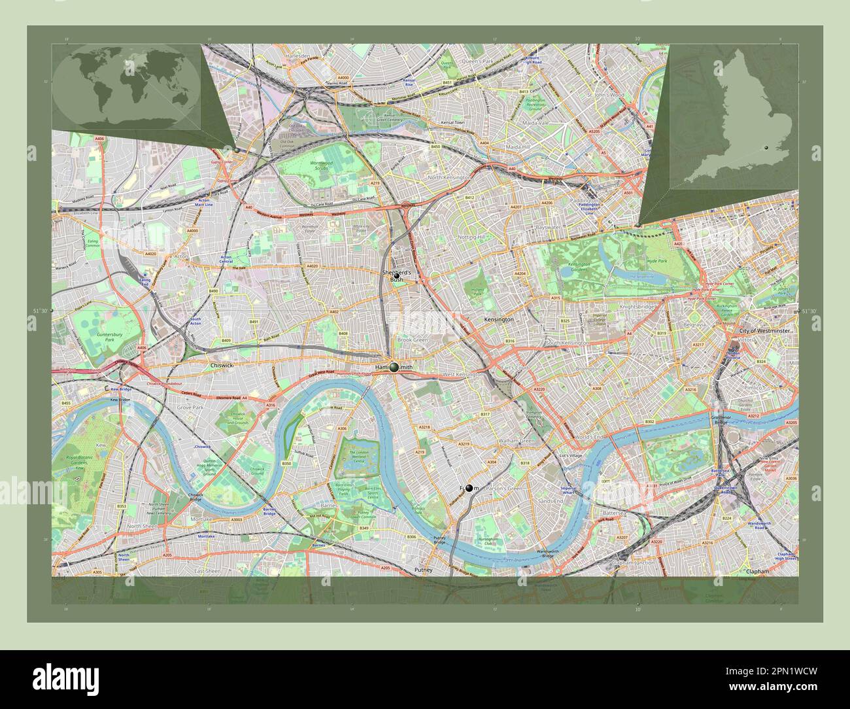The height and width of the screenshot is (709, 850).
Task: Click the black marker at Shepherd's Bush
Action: [x=396, y=276]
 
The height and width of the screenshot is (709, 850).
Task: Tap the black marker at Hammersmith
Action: [x=394, y=367]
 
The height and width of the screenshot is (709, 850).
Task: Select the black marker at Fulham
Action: [x=469, y=488]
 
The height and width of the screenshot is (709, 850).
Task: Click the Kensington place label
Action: [x=498, y=320]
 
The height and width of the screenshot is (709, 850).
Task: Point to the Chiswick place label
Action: [x=222, y=365]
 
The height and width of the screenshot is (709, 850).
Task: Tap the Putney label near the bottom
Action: [x=424, y=570]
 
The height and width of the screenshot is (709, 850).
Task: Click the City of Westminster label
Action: [x=764, y=332]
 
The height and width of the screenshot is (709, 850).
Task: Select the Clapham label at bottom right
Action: [x=757, y=571]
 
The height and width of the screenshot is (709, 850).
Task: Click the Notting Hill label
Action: [x=471, y=237]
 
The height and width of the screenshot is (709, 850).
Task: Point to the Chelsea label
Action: [x=630, y=398]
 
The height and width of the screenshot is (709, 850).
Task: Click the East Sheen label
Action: [x=207, y=571]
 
